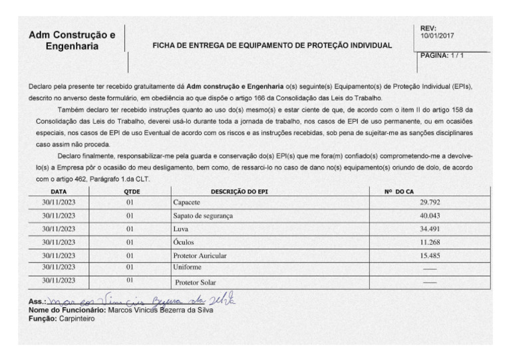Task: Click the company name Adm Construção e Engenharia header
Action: pos(73,41)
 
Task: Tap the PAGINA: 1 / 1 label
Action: pos(442,55)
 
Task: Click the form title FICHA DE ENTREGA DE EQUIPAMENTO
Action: pos(273,47)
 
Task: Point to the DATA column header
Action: pos(52,191)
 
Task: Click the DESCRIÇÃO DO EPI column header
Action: pos(240,191)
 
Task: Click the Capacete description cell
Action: pos(188,201)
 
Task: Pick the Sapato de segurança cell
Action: pos(203,215)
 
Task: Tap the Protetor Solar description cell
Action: pos(196,282)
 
